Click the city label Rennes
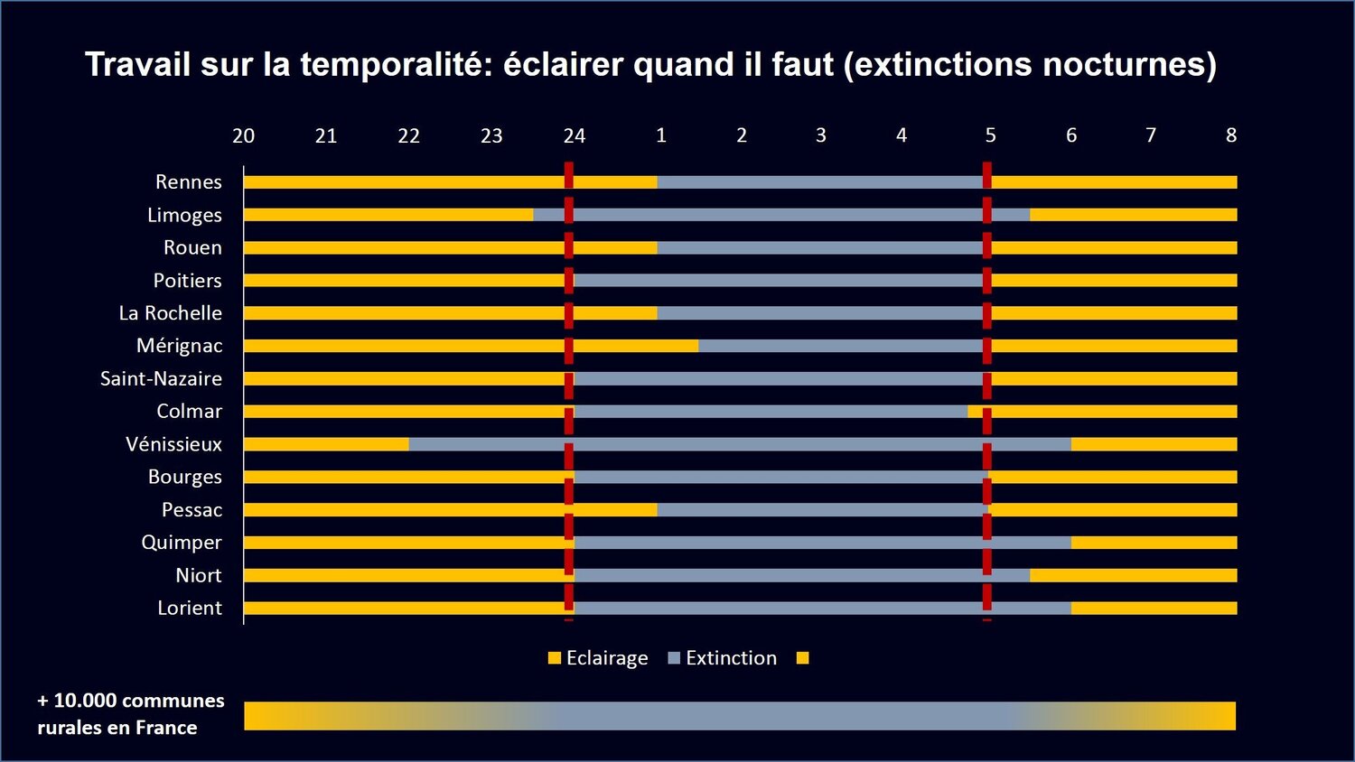pos(188,181)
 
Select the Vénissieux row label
pos(173,444)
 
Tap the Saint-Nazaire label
pos(161,378)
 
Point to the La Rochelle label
pos(170,313)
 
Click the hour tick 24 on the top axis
pos(574,136)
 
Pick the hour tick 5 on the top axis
pos(990,135)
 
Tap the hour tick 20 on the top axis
pos(243,136)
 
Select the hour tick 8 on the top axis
pos(1230,135)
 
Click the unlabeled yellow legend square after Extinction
pos(802,658)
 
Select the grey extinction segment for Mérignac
pos(840,346)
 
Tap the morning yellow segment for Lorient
pos(1154,608)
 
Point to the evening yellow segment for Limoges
pos(388,215)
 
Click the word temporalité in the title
pos(397,65)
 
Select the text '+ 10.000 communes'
pos(131,701)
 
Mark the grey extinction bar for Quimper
pos(822,543)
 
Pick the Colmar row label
pos(189,412)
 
